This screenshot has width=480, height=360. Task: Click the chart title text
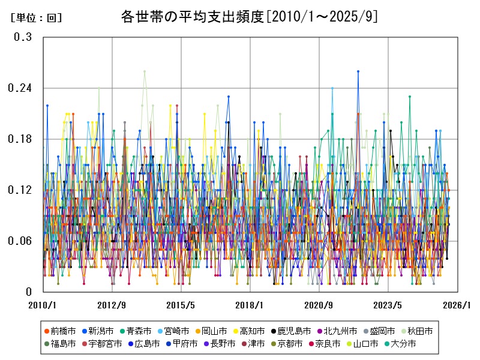[x=249, y=16]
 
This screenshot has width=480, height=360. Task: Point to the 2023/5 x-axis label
[x=388, y=304]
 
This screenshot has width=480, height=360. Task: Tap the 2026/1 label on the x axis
[x=457, y=304]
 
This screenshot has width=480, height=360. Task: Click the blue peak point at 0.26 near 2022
[x=358, y=71]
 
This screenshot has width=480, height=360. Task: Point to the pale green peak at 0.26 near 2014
[x=145, y=71]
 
